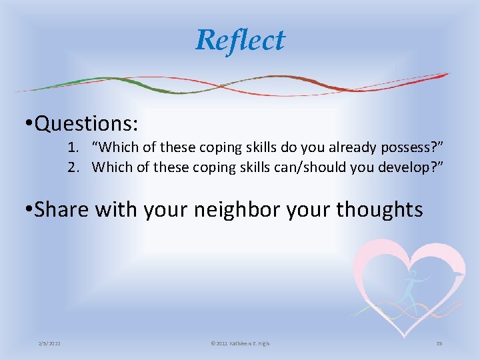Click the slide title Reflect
coord(240,40)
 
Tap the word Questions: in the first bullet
coord(87,123)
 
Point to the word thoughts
coord(379,209)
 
